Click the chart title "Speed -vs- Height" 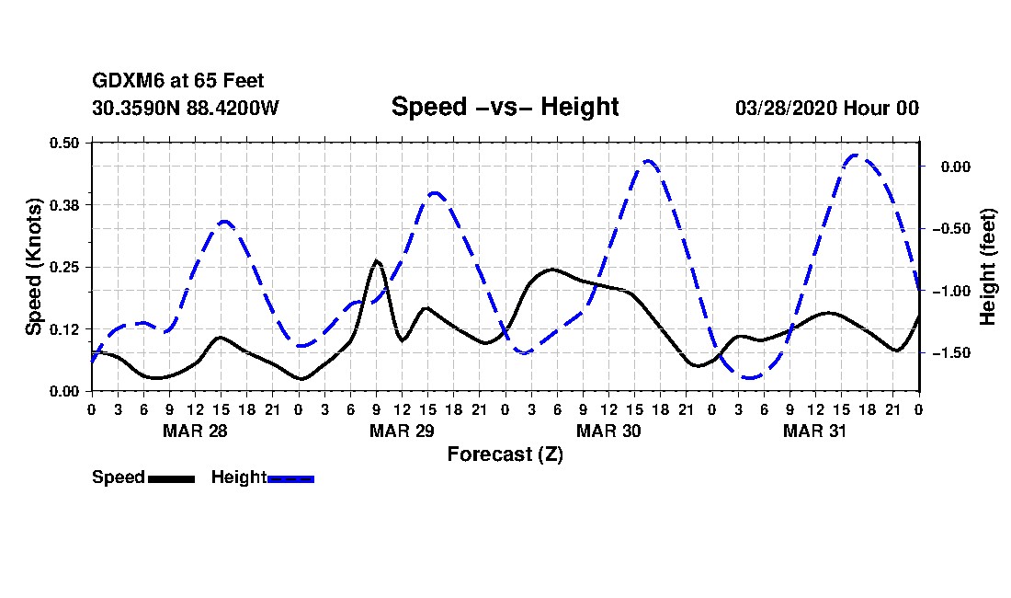tap(505, 107)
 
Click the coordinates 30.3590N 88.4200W tap(185, 108)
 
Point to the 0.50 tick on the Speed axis tap(65, 143)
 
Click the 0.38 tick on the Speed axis tap(65, 204)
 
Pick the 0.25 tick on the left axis tap(65, 267)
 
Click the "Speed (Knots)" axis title tap(34, 266)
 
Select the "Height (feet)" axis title tap(988, 267)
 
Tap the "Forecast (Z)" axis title tap(505, 454)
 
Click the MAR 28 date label tap(195, 431)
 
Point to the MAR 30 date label tap(608, 431)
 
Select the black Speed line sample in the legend tap(171, 478)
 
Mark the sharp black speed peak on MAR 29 tap(376, 261)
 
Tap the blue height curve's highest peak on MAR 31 tap(856, 155)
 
